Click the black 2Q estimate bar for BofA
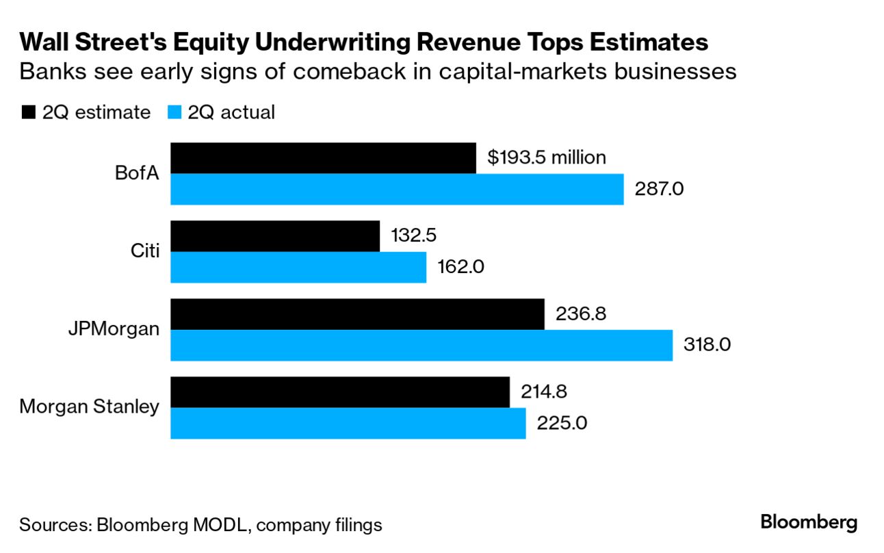(x=322, y=158)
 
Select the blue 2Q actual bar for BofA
(x=397, y=189)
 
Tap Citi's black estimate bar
(x=274, y=236)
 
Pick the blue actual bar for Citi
(x=298, y=267)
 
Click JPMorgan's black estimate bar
(x=357, y=314)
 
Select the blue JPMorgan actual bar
(x=421, y=345)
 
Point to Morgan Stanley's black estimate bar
(x=339, y=392)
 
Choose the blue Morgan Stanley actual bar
(x=348, y=423)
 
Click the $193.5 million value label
(x=546, y=157)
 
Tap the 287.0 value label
(x=660, y=189)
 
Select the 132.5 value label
(x=414, y=235)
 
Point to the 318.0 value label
(x=707, y=345)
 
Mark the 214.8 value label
(x=544, y=392)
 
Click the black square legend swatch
(x=28, y=113)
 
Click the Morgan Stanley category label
(x=89, y=407)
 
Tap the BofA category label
(x=137, y=173)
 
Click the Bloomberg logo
(x=809, y=523)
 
